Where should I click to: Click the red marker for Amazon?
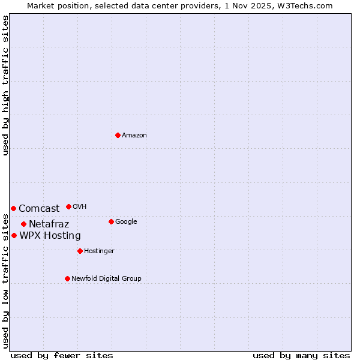tap(118, 135)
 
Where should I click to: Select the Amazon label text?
tap(134, 136)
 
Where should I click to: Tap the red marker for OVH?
tap(68, 206)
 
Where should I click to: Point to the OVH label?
tap(80, 207)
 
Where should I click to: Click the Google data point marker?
tap(111, 221)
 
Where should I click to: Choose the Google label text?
tap(126, 222)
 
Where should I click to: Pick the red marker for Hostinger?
tap(80, 251)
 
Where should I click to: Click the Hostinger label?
tap(99, 251)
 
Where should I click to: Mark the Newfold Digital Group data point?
tap(67, 278)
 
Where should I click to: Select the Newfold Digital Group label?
tap(106, 279)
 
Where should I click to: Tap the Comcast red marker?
tap(13, 208)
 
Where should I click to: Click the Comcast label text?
tap(39, 209)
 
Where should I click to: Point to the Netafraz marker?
tap(23, 224)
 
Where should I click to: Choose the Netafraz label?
tap(49, 224)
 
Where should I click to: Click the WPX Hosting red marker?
tap(14, 235)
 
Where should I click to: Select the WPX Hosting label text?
tap(50, 236)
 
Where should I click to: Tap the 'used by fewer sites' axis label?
tap(62, 356)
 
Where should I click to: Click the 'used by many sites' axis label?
tap(301, 356)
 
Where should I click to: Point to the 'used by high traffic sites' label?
tap(5, 85)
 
